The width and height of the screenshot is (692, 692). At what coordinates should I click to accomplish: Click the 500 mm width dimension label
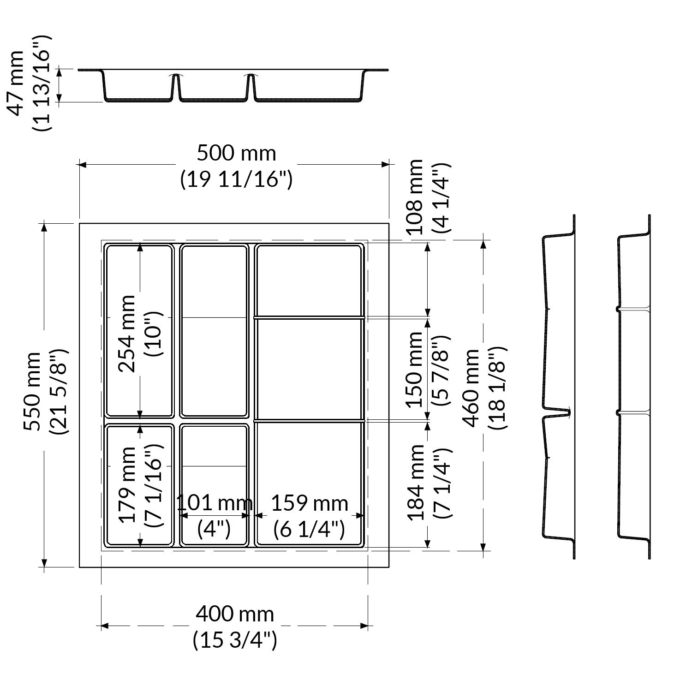pos(236,153)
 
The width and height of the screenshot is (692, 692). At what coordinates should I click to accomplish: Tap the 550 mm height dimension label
pos(32,392)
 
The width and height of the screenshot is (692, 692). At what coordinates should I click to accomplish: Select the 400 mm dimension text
pos(235,614)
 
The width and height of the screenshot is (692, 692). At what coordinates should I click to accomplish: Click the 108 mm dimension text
pos(415,197)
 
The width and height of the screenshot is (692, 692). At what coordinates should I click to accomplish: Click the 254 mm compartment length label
pos(127,333)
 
